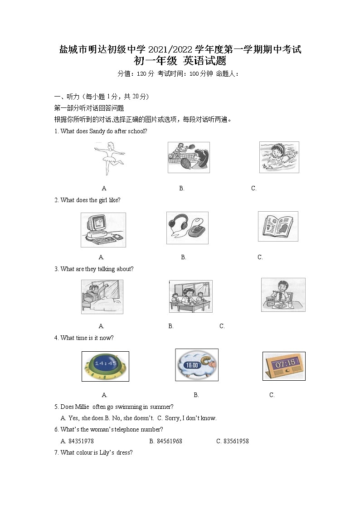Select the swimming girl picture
(x=279, y=157)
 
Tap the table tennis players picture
(x=189, y=157)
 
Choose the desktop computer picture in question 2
(x=103, y=230)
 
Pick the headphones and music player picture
(x=187, y=228)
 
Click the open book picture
(x=278, y=226)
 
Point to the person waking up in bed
(x=102, y=297)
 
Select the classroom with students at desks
(x=190, y=296)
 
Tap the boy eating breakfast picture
(x=283, y=295)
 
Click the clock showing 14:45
(x=105, y=366)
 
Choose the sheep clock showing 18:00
(x=196, y=365)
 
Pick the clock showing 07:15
(x=283, y=366)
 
